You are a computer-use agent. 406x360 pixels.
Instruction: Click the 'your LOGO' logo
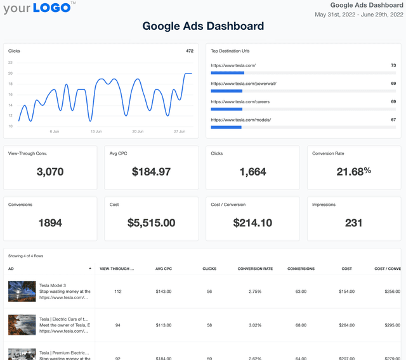(x=39, y=8)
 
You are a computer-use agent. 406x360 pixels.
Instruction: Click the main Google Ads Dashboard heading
(x=203, y=26)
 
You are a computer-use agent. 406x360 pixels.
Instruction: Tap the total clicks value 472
(x=189, y=51)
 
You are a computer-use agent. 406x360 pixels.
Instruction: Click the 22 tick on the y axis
(x=10, y=63)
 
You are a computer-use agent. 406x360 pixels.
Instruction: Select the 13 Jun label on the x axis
(x=96, y=131)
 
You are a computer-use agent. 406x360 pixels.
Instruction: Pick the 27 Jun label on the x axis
(x=179, y=131)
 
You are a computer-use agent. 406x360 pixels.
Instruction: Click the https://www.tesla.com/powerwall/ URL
(x=244, y=83)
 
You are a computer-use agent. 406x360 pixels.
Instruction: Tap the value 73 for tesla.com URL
(x=393, y=65)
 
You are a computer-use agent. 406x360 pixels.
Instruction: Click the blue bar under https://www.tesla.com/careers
(x=226, y=109)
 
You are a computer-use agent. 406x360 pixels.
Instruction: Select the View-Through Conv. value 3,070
(x=50, y=171)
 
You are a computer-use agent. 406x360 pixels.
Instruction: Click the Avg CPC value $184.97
(x=151, y=171)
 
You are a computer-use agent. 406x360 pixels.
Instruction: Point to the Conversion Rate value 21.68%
(x=353, y=171)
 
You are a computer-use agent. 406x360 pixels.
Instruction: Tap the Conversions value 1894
(x=50, y=222)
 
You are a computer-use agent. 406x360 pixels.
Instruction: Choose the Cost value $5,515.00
(x=151, y=222)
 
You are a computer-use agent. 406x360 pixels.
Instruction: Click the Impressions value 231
(x=353, y=222)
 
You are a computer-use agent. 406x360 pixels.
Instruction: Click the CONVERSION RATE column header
(x=255, y=269)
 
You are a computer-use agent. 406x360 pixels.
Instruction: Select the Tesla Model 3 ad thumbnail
(x=22, y=292)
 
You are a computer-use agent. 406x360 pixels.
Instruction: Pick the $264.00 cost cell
(x=346, y=325)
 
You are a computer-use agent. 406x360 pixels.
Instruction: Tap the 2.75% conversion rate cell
(x=255, y=292)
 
